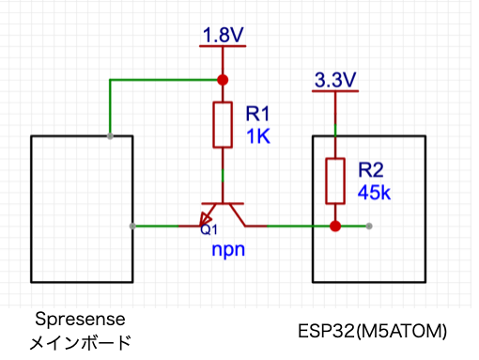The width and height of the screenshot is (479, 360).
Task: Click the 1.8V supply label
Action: pyautogui.click(x=223, y=35)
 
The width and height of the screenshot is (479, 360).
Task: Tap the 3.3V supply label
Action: pyautogui.click(x=335, y=80)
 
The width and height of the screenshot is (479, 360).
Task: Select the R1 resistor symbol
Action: pyautogui.click(x=223, y=124)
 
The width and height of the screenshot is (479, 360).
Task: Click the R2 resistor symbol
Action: pyautogui.click(x=335, y=180)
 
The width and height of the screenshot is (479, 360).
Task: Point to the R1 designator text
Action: pyautogui.click(x=257, y=113)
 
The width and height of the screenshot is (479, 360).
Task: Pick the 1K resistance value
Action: pyautogui.click(x=258, y=136)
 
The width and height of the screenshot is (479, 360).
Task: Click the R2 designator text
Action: pyautogui.click(x=371, y=170)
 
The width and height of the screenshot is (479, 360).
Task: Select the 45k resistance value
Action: pyautogui.click(x=374, y=193)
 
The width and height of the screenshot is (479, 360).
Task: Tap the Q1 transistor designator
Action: pyautogui.click(x=209, y=229)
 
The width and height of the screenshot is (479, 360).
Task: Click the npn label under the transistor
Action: pyautogui.click(x=228, y=250)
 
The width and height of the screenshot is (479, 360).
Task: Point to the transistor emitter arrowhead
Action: pyautogui.click(x=206, y=219)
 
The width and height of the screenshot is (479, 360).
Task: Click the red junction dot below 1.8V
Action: pyautogui.click(x=223, y=80)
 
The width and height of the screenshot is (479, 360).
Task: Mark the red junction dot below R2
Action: pyautogui.click(x=335, y=226)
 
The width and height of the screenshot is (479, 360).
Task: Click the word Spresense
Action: pyautogui.click(x=80, y=320)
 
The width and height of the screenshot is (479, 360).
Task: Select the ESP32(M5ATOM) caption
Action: pyautogui.click(x=372, y=331)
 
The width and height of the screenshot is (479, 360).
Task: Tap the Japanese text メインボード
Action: pyautogui.click(x=80, y=342)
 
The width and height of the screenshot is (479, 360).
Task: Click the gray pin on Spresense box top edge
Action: pyautogui.click(x=110, y=136)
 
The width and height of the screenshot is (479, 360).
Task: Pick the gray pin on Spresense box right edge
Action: pyautogui.click(x=132, y=226)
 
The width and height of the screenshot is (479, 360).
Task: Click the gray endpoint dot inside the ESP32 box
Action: pyautogui.click(x=369, y=226)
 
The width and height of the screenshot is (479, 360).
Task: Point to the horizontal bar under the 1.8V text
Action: pyautogui.click(x=223, y=46)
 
